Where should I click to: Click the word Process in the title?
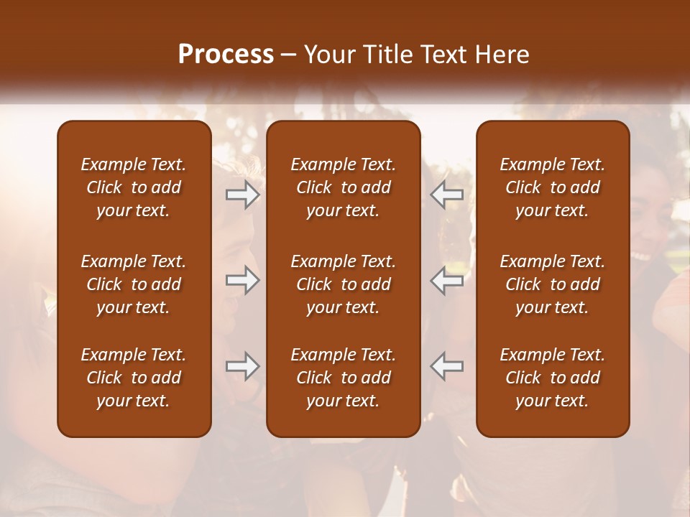(226, 55)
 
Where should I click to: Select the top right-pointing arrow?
(242, 195)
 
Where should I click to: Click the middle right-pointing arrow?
(242, 280)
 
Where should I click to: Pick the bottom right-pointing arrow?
(242, 366)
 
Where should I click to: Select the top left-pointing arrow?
(446, 195)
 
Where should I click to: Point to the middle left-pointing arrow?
(446, 280)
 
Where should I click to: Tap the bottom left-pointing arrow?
(446, 366)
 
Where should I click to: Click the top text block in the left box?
(134, 187)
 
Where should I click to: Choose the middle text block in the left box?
(134, 284)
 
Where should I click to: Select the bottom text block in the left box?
(134, 378)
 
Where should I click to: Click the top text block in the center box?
(343, 187)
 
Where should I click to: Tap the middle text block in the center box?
(343, 284)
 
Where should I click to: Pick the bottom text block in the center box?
(343, 378)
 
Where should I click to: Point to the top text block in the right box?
(552, 187)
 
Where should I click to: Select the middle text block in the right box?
(552, 284)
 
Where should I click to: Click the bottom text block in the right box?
(552, 378)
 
